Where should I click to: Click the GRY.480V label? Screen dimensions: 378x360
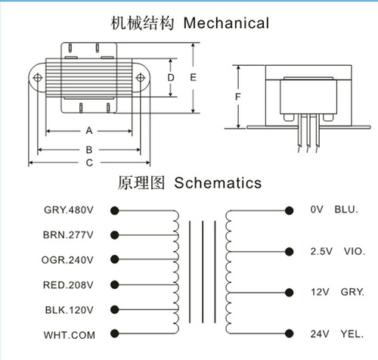point(69,209)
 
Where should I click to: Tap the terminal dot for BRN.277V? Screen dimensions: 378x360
point(115,235)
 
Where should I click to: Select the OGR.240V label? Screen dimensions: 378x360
point(67,260)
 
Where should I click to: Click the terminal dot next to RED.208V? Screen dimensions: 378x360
point(115,284)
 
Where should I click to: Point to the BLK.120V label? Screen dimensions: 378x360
point(69,310)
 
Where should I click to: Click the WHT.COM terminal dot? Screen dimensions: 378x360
point(115,334)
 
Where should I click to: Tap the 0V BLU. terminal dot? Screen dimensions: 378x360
point(289,210)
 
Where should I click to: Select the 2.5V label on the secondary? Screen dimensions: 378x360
point(321,251)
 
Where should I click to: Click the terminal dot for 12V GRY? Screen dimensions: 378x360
point(289,293)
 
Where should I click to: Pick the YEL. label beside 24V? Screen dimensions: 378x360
point(352,334)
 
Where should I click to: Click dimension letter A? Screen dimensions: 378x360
point(89,131)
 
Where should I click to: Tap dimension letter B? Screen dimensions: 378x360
point(89,150)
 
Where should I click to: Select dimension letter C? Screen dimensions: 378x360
point(89,163)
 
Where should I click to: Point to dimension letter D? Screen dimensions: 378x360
point(171,78)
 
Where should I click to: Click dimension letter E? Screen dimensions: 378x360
point(193,77)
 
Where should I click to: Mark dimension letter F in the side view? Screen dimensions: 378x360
point(237,97)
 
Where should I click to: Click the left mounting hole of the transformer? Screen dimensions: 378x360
point(38,77)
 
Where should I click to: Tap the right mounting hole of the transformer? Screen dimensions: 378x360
point(140,78)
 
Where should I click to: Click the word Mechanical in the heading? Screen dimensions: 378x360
point(226,23)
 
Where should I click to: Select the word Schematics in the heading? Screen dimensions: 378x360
point(218,183)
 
